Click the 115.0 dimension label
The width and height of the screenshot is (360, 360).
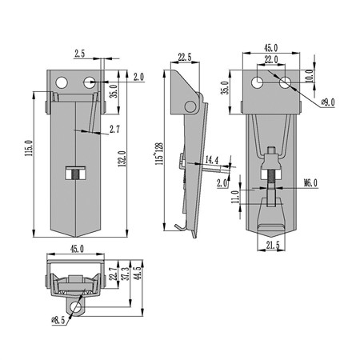[29, 148]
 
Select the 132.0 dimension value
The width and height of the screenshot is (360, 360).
[122, 158]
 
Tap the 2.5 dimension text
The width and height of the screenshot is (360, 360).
[80, 54]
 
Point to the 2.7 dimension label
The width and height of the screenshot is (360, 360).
[114, 130]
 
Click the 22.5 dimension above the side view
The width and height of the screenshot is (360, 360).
[185, 57]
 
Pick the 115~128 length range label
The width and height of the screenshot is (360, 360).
[159, 154]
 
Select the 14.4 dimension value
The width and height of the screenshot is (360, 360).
[212, 160]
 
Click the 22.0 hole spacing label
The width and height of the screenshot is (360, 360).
[271, 60]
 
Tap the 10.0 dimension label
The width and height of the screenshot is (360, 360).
[309, 76]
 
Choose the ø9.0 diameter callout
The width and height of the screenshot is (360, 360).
[328, 102]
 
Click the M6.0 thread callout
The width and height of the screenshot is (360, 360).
[310, 183]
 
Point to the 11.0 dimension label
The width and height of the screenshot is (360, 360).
[235, 197]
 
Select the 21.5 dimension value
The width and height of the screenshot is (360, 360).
[273, 246]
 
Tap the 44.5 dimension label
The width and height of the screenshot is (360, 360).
[138, 272]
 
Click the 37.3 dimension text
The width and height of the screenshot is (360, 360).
[126, 273]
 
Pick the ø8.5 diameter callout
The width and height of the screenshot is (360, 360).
[58, 320]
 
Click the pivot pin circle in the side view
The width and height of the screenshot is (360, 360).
[190, 106]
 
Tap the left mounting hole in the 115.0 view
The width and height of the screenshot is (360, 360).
[62, 82]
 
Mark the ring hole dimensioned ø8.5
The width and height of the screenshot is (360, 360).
[76, 308]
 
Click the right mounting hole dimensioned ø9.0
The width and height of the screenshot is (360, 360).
[286, 82]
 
